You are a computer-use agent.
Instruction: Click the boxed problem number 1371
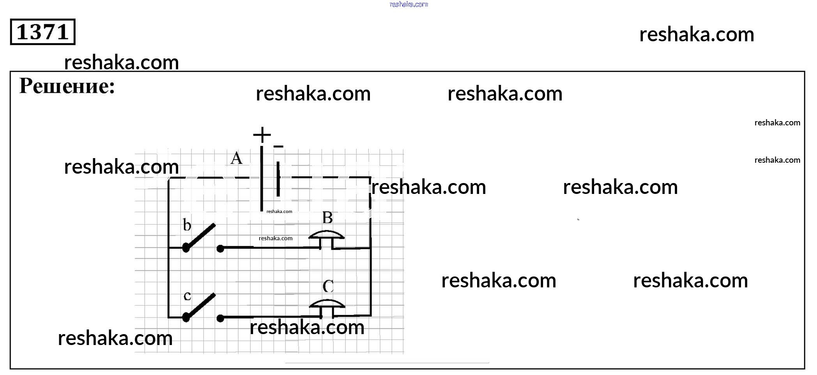[42, 32]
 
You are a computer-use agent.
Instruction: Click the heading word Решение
[67, 86]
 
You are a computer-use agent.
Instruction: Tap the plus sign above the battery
[262, 135]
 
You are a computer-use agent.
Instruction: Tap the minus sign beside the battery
[278, 147]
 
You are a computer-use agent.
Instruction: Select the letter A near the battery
[236, 158]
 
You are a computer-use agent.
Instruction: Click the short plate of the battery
[278, 179]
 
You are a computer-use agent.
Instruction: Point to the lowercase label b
[187, 225]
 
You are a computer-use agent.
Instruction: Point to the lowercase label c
[187, 296]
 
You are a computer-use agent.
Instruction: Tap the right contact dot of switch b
[220, 248]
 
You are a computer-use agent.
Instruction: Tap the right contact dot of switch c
[220, 318]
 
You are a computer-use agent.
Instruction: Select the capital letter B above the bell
[327, 218]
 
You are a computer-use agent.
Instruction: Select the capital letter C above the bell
[328, 287]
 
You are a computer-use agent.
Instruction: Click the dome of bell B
[326, 235]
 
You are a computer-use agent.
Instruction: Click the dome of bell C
[327, 303]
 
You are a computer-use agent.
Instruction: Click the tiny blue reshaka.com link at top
[408, 4]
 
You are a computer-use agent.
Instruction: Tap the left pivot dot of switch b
[186, 248]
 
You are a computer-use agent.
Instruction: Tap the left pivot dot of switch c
[186, 318]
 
